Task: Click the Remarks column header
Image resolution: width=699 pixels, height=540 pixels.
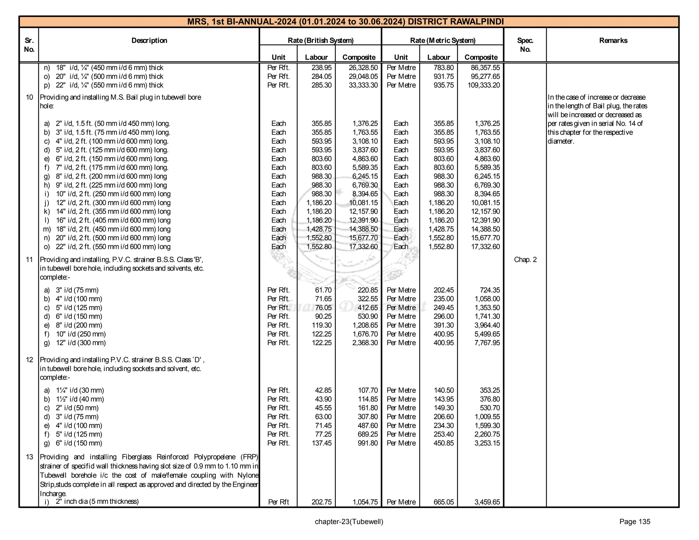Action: (613, 41)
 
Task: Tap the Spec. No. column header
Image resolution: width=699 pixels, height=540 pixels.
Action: (525, 45)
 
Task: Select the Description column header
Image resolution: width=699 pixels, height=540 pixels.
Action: (149, 41)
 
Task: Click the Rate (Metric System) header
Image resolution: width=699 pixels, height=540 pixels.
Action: (442, 41)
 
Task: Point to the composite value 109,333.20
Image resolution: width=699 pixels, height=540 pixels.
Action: (483, 85)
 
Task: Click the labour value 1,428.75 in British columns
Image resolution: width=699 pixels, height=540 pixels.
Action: (319, 229)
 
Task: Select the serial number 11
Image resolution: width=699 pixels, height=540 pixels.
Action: (29, 260)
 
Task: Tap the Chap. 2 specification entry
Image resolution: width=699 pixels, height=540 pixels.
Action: (525, 260)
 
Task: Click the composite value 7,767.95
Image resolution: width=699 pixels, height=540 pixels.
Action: (487, 343)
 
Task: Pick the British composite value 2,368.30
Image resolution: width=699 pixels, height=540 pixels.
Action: (365, 343)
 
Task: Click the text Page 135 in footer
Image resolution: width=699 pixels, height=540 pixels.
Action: (634, 522)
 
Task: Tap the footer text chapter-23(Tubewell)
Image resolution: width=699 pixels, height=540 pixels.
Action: (349, 522)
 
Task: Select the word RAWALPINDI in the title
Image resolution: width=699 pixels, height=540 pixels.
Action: (477, 22)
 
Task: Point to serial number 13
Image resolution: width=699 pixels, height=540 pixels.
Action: (29, 457)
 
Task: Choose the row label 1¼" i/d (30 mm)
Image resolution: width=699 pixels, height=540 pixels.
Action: (80, 390)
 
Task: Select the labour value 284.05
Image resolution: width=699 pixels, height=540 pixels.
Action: (321, 76)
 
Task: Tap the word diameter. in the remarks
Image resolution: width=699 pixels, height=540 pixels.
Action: (561, 141)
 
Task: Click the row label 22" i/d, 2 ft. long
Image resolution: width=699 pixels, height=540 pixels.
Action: (113, 247)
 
